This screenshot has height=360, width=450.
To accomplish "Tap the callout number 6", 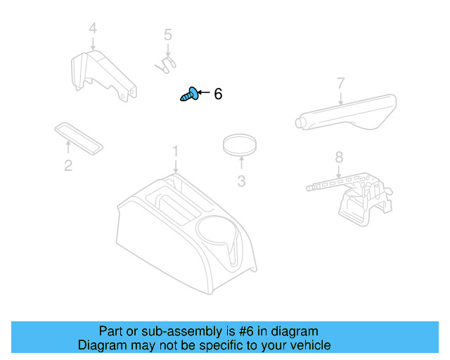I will point(218,94).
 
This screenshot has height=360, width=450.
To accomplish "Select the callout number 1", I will point(176,152).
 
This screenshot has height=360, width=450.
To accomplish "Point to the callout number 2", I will point(68,166).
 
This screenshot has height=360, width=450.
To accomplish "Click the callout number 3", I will point(241,181).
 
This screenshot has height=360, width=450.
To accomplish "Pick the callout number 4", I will point(93,30).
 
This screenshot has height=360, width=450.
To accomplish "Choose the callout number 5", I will point(168,34).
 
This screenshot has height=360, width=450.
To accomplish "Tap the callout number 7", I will point(340,84).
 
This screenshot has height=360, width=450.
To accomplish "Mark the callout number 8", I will point(339,157).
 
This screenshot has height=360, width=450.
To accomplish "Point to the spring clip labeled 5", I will point(165,64).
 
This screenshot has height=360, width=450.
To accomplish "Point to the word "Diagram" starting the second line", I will point(101,345).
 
